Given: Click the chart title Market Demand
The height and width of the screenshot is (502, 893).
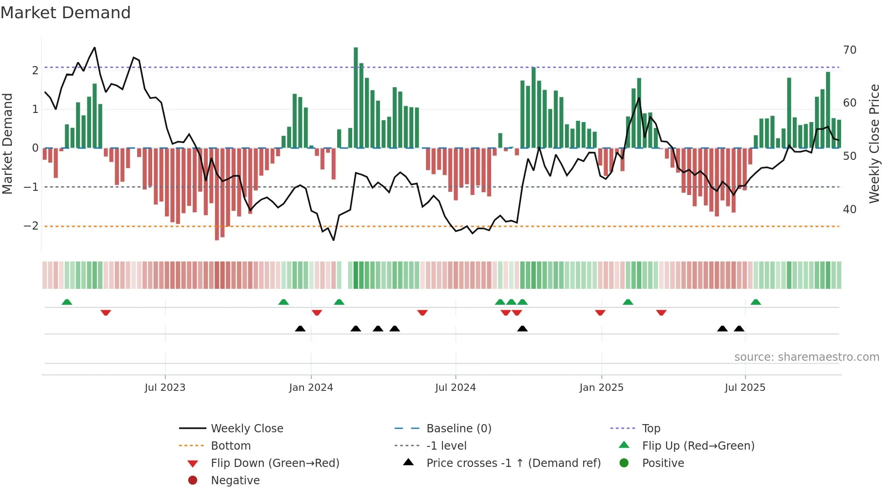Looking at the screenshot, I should (66, 13).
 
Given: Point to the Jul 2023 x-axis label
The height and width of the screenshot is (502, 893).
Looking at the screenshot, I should (165, 388).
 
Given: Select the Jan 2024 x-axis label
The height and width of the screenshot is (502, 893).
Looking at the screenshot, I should (311, 388).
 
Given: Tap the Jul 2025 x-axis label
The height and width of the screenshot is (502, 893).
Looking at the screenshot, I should (745, 388).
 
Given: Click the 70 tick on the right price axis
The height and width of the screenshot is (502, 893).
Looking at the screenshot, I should (849, 50).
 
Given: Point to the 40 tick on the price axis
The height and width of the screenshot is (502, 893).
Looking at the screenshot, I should (849, 209).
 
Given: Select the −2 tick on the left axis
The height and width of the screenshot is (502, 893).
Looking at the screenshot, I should (31, 226).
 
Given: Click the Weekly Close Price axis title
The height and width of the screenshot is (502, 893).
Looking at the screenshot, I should (874, 143).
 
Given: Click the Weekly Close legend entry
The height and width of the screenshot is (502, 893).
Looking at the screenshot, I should (246, 428).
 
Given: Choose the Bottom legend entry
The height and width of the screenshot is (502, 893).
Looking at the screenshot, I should (231, 446).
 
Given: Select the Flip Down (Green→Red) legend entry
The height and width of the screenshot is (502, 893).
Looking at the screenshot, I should (275, 463).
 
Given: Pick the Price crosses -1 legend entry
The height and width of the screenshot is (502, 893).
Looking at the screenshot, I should (513, 463).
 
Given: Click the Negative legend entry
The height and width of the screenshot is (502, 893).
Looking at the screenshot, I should (235, 480).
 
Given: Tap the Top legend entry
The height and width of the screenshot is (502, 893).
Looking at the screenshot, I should (651, 428).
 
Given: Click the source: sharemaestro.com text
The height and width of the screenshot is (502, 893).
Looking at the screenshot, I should (806, 357).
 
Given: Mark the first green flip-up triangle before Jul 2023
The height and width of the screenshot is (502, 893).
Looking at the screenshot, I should (67, 302).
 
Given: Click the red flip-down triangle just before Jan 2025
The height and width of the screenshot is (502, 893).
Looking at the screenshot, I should (600, 312).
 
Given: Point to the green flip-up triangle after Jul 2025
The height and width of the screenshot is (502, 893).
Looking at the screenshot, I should (756, 302).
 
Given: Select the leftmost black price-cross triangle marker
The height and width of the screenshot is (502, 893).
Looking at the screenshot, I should (300, 328).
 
